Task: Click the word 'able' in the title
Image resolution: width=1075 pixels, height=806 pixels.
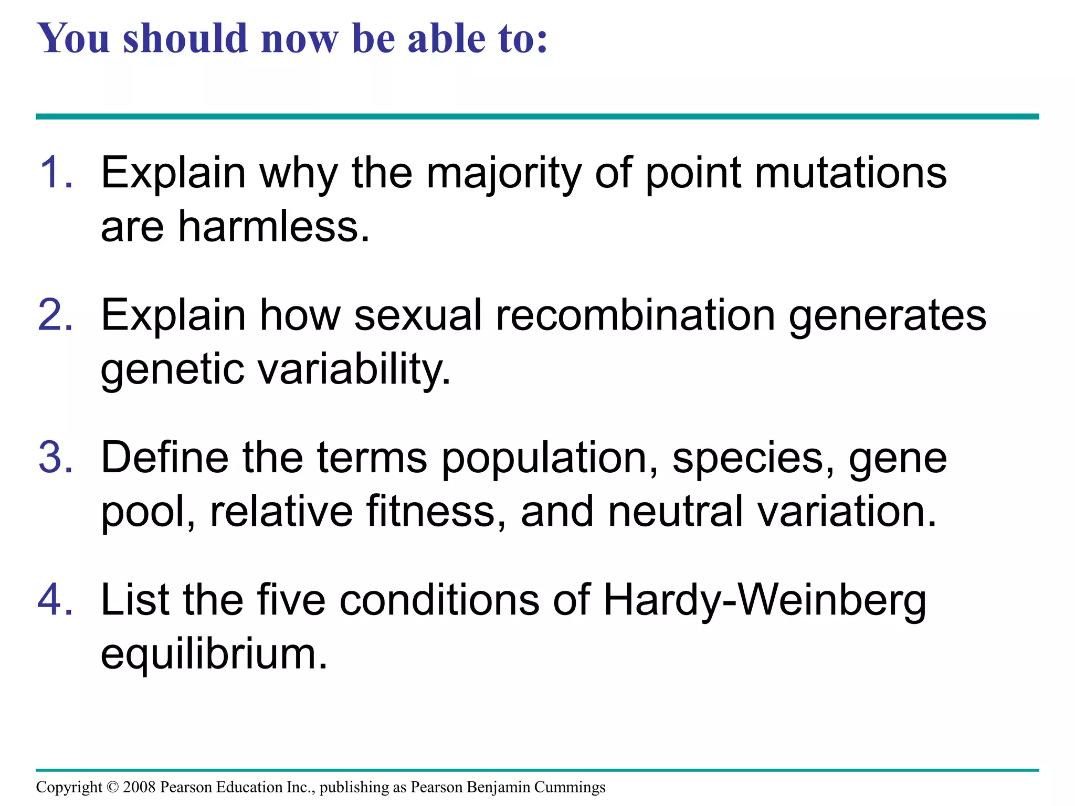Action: point(446,39)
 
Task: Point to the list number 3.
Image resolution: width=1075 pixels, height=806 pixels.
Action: point(55,458)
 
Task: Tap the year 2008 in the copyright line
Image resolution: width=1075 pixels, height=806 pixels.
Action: point(139,787)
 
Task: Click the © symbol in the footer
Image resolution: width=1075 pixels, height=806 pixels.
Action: point(113,787)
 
